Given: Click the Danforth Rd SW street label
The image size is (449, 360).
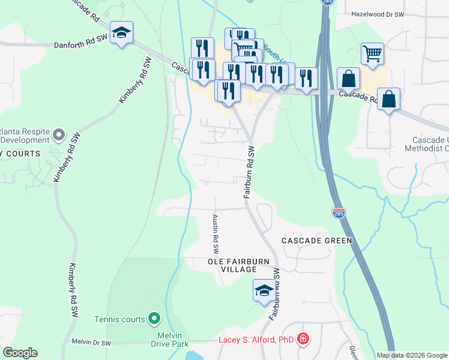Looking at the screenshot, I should pos(80,44).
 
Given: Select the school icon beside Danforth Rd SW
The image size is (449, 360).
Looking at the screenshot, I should pos(122,34).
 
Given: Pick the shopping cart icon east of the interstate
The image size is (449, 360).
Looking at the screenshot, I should pos(372,54).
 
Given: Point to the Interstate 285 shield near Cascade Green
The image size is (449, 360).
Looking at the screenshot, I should pos(338,213).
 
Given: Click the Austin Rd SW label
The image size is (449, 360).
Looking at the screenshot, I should pos(215,234).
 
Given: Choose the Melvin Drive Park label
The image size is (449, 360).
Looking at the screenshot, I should pos(164,338).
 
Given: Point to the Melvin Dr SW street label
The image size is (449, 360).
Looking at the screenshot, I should pos(91,343).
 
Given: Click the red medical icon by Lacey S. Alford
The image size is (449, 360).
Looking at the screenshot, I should pos(303,340).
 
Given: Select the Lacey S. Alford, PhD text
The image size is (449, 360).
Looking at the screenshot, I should pos(255,340).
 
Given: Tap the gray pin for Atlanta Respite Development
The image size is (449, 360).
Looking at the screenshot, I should pos(58,135).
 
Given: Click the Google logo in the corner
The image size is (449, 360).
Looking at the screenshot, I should pos(20,353).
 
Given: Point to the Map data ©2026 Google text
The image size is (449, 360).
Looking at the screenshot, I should pos(411,355).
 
